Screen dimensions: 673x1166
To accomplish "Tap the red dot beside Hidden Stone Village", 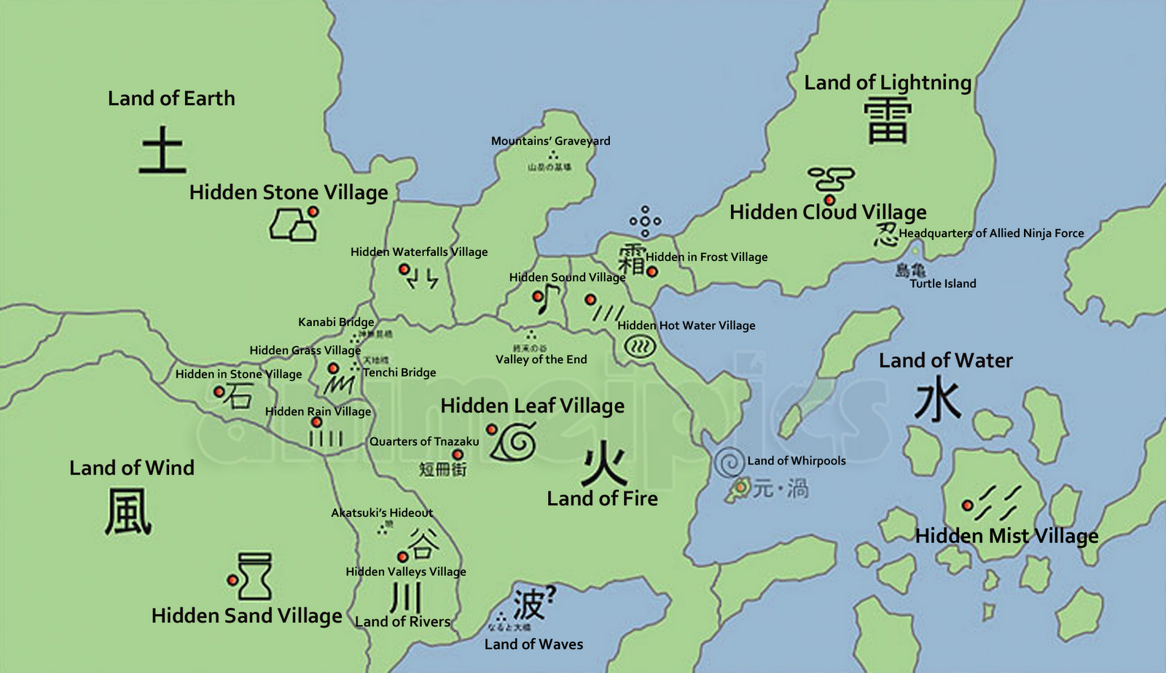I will pos(313,211).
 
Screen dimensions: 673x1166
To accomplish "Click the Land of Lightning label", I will pos(887,82).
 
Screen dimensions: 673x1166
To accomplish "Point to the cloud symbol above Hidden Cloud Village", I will pos(830,178).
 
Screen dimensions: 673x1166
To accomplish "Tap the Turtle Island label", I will pos(942,284).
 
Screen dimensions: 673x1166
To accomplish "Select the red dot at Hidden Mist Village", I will pos(967,505).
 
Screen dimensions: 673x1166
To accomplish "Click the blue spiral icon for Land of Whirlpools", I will pos(729,462).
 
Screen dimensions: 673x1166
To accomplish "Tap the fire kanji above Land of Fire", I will pos(604,464).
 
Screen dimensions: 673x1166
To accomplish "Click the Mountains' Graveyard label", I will pos(550,141).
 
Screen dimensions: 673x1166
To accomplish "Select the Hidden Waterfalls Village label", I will pos(419,252).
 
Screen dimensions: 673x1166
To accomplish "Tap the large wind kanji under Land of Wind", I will pos(128,512).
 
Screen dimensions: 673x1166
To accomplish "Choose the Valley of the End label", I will pos(541,359).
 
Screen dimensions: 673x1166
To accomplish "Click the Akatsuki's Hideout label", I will pos(382,513).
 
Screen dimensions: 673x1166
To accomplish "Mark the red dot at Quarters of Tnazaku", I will pos(458,454).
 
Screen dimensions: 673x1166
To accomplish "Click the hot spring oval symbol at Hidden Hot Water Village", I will pos(640,347).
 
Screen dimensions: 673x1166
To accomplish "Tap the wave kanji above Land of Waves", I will pos(529,604).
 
